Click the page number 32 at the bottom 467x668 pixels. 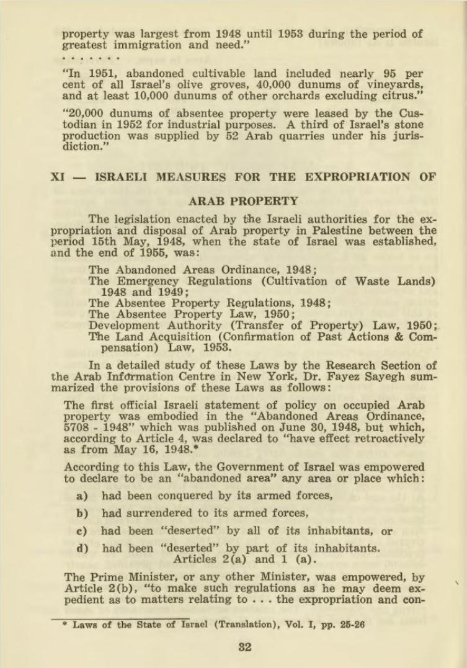coord(244,648)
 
